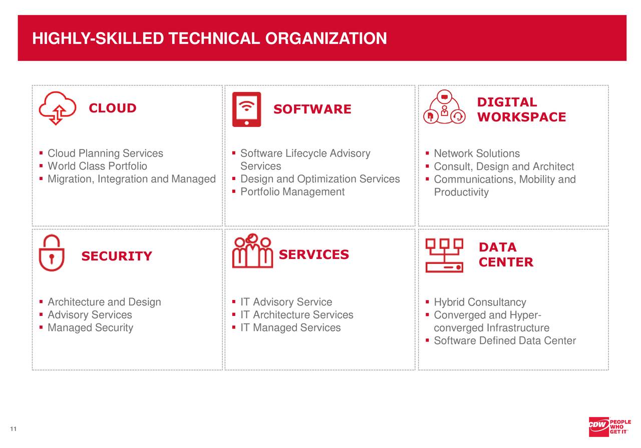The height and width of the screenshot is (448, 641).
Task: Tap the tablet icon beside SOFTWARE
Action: [x=246, y=109]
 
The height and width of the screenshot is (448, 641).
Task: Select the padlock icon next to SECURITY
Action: [x=52, y=253]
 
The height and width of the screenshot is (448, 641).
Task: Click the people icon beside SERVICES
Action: [x=252, y=252]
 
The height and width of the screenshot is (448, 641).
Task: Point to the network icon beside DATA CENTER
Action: [x=444, y=255]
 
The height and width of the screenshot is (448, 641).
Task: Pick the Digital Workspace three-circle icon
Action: [x=444, y=108]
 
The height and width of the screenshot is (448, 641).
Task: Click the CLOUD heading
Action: [x=113, y=108]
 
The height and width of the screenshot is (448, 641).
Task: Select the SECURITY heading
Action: [x=117, y=256]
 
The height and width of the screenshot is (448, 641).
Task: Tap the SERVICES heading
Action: [x=313, y=255]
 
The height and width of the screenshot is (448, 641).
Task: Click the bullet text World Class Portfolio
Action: [x=97, y=166]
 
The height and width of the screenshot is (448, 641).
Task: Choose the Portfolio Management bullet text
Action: [x=292, y=192]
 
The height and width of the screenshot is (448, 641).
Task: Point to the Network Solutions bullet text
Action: [x=477, y=153]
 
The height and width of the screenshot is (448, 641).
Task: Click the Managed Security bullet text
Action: [x=90, y=328]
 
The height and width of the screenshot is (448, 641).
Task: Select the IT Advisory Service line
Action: [x=286, y=302]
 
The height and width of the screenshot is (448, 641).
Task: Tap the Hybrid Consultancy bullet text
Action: [x=480, y=302]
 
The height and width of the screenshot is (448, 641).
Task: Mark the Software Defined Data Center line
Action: [x=505, y=341]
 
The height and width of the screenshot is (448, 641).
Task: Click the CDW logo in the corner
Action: [x=598, y=425]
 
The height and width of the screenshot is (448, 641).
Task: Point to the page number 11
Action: [x=13, y=429]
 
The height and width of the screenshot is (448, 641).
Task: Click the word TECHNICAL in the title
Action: [x=215, y=38]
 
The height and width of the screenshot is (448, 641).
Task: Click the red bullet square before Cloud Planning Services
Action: [x=41, y=153]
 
